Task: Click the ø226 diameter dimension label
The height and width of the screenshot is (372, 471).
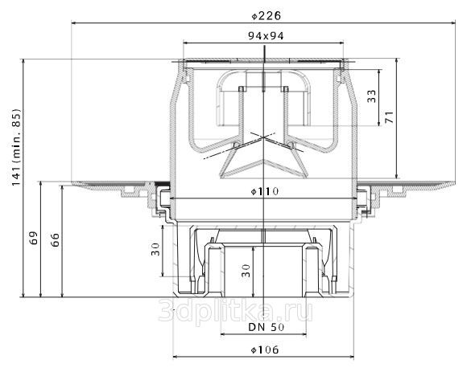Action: (x=266, y=16)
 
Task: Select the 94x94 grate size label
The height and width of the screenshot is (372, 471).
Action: (x=266, y=36)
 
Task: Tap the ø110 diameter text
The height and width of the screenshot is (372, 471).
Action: (x=265, y=191)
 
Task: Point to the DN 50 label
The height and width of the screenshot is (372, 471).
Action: (x=266, y=327)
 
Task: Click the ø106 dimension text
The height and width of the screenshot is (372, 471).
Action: (x=265, y=350)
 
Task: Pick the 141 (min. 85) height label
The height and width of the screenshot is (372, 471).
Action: (x=17, y=147)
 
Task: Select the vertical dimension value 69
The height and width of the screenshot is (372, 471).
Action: (x=34, y=238)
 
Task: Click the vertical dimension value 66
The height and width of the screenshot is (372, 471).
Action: (x=55, y=239)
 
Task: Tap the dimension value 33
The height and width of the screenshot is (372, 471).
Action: (x=371, y=96)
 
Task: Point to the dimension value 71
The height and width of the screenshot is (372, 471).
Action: (x=389, y=117)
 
